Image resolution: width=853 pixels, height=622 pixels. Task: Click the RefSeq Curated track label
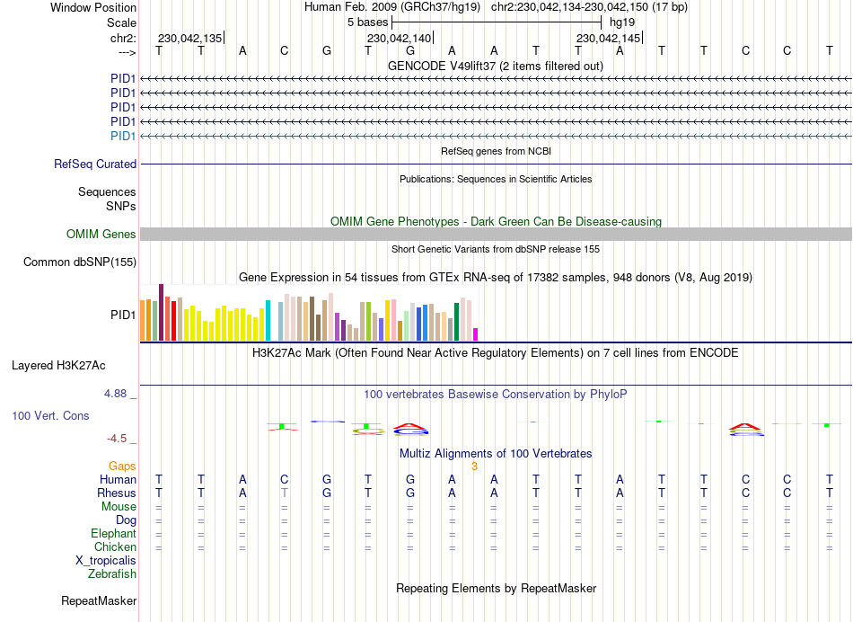[95, 164]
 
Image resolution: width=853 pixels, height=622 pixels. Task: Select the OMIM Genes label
[101, 235]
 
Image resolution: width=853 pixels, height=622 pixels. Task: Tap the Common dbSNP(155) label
[79, 262]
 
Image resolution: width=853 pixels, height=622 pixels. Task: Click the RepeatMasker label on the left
[99, 600]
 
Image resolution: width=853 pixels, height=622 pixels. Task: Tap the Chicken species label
[115, 546]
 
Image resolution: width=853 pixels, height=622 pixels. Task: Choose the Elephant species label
[113, 533]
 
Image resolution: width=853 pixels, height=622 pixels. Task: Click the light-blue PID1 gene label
[123, 136]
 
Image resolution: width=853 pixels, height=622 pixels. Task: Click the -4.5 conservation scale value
[119, 439]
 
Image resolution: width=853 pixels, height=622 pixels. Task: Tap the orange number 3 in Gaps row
[474, 466]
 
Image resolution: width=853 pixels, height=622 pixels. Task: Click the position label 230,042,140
[400, 39]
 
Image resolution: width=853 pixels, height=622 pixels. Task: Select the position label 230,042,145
[609, 39]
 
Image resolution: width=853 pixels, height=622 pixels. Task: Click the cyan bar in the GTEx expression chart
[268, 322]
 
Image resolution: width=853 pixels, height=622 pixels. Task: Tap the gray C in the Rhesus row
[285, 493]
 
